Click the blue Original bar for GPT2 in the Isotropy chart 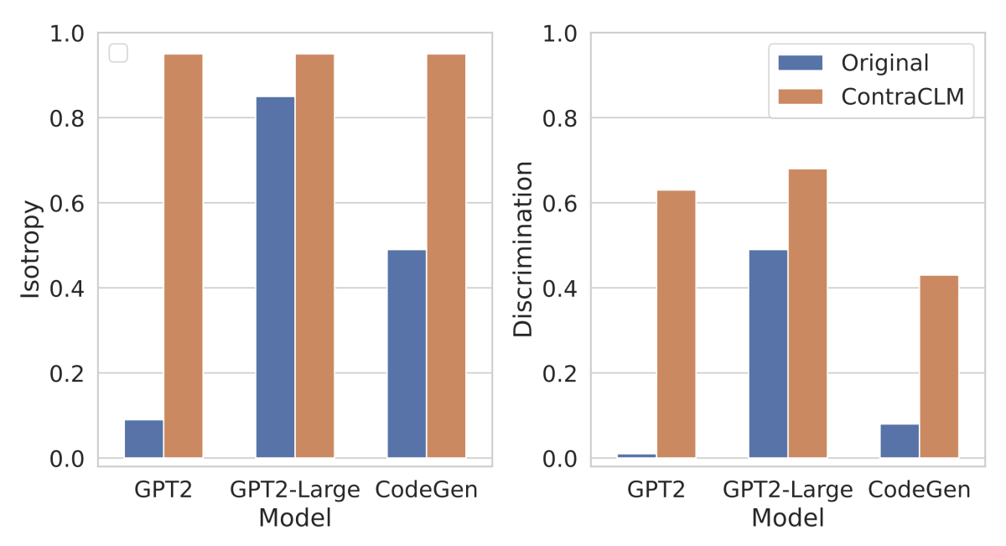tap(143, 439)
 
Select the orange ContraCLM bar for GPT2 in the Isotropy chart tap(183, 256)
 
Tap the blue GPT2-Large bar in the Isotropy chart tap(275, 277)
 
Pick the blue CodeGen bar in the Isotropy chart tap(407, 353)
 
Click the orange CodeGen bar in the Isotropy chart tap(446, 256)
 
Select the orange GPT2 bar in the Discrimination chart tap(676, 324)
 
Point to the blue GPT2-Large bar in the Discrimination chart tap(768, 353)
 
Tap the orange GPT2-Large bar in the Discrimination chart tap(807, 313)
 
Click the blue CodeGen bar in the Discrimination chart tap(900, 440)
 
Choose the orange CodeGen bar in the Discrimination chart tap(939, 366)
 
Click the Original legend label tap(885, 63)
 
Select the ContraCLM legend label tap(903, 96)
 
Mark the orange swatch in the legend tap(802, 96)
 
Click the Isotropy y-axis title tap(30, 248)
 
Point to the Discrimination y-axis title tap(523, 248)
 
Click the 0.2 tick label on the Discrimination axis tap(562, 374)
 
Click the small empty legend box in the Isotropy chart tap(118, 53)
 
